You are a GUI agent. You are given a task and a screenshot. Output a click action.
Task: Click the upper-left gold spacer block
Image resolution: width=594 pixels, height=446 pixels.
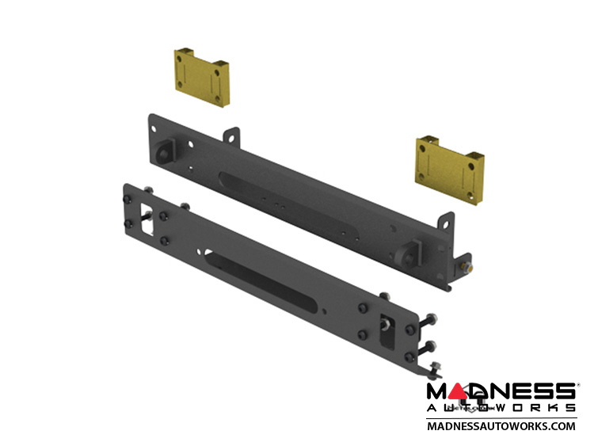pos(201,78)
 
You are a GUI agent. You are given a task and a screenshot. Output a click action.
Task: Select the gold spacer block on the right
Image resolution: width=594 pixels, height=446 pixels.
pos(450,170)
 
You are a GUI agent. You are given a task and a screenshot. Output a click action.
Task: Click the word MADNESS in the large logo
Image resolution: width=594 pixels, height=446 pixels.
pos(501,392)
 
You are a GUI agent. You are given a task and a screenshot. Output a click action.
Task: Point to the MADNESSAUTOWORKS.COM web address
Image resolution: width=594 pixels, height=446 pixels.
pos(501,426)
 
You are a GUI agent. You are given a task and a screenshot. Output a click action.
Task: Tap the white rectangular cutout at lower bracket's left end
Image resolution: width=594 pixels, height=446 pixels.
pos(147,219)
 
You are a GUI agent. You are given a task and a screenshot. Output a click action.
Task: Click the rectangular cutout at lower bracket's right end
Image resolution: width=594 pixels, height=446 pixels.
pos(387,331)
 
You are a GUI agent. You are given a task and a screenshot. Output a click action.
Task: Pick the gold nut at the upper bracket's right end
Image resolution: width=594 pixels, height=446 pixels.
pos(468,269)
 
